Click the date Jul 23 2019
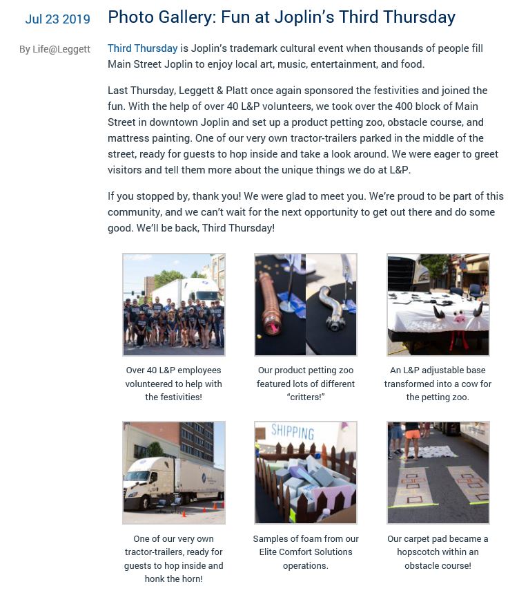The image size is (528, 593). pos(57,19)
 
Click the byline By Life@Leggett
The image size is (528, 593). pos(55,49)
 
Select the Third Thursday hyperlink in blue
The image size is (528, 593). pos(142,48)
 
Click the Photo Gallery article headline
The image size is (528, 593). pos(281,17)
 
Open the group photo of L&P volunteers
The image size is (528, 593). pos(174,305)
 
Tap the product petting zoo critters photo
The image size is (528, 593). pos(306,305)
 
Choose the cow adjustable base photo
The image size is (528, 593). pos(438,305)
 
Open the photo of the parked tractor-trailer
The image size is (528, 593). pos(174,473)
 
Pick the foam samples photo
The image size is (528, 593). pos(306,473)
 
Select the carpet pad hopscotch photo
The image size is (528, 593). pos(438,473)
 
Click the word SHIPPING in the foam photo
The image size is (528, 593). pos(293,433)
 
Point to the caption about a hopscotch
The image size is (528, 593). pos(438,552)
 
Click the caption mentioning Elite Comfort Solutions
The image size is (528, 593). pos(305,552)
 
